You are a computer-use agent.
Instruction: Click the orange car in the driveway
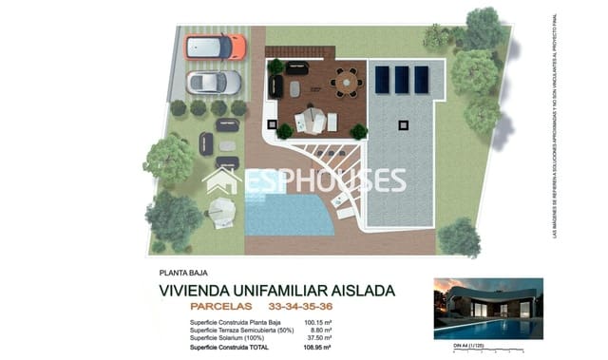(x=216, y=47)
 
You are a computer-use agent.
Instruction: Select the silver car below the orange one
(x=214, y=83)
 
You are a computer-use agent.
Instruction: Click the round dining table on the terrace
(x=347, y=84)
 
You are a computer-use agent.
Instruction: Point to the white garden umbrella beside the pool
(x=222, y=207)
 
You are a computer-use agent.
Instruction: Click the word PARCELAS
(x=221, y=307)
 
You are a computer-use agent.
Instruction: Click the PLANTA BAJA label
(x=187, y=273)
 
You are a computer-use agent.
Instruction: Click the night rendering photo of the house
(x=487, y=309)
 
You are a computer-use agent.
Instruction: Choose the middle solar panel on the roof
(x=401, y=79)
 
